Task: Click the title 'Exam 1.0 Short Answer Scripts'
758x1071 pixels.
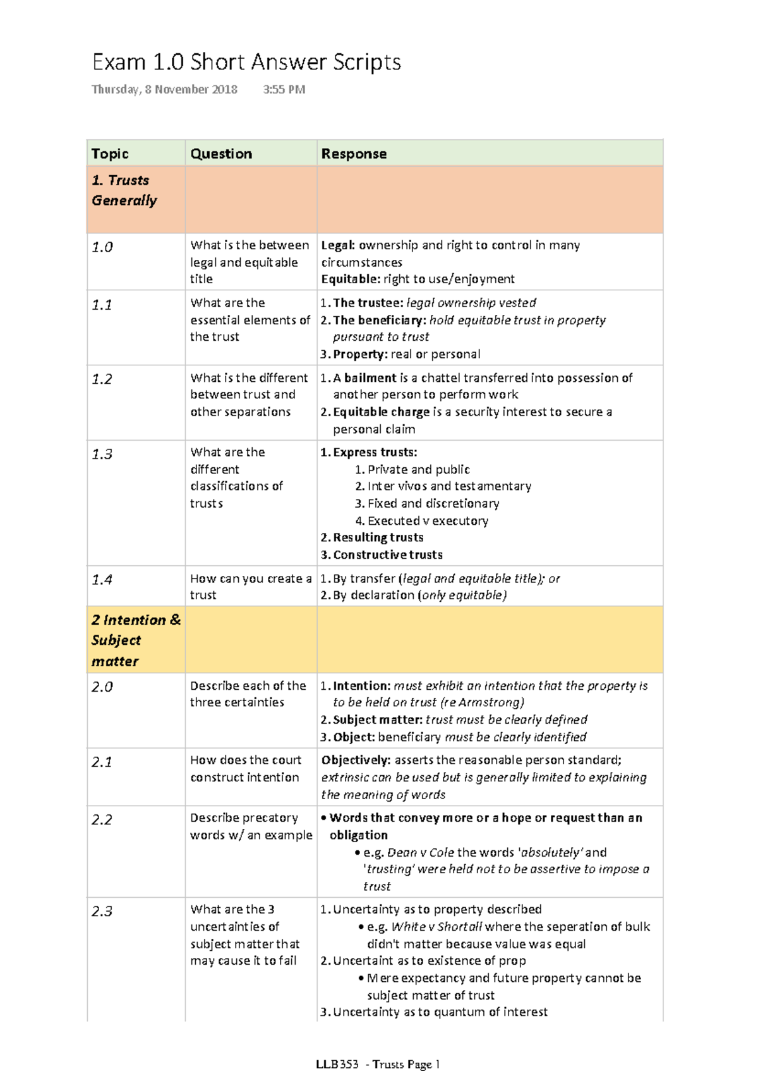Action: click(246, 62)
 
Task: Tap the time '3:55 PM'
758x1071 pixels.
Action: click(284, 90)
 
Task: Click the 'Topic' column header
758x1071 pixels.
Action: click(110, 154)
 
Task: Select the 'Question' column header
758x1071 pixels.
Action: click(221, 154)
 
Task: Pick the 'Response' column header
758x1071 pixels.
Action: click(354, 154)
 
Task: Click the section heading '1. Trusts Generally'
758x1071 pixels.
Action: click(124, 190)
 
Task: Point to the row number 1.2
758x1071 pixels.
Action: click(102, 379)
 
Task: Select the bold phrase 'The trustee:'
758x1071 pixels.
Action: click(368, 303)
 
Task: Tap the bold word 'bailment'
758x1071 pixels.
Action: click(370, 378)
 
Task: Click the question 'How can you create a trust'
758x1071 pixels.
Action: click(250, 587)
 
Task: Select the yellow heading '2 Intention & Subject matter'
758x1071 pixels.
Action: click(135, 640)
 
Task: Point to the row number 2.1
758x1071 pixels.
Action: click(102, 762)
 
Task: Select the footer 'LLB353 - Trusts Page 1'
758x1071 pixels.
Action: click(378, 1064)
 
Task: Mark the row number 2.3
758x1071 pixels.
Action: click(102, 911)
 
